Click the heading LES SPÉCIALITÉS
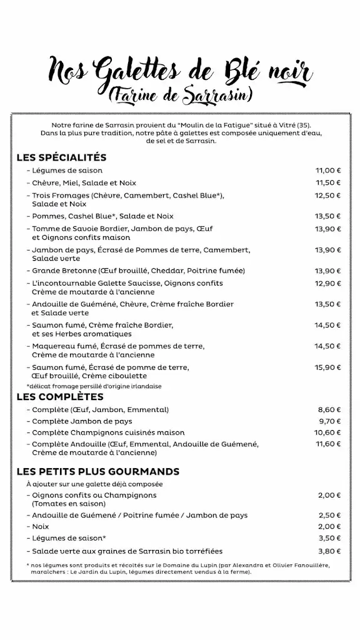coord(61,157)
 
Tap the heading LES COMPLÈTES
coord(60,397)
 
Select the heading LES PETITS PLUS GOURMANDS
coord(98,471)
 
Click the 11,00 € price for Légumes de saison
coord(327,171)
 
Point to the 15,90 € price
coord(327,367)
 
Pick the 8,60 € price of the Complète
coord(329,410)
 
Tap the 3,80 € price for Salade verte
coord(329,551)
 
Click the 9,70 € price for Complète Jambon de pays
coord(329,421)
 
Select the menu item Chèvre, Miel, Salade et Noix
coord(84,183)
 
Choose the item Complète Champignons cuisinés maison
coord(108,432)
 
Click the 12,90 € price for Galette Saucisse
coord(327,283)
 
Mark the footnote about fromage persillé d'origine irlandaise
coord(94,386)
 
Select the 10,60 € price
coord(327,432)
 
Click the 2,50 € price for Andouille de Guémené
coord(329,515)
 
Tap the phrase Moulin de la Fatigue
coord(213,124)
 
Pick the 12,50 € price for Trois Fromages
coord(327,196)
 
